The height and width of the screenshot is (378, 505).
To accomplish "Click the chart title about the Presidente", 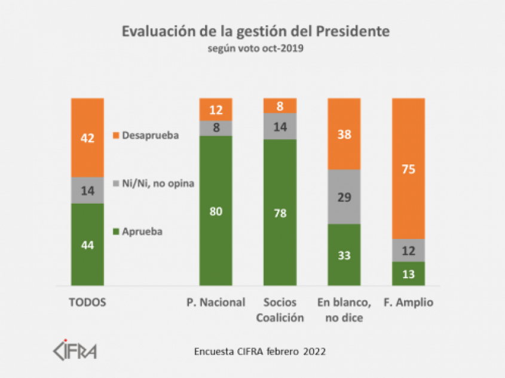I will pyautogui.click(x=255, y=32).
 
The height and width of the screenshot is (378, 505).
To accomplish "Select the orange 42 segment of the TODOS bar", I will pyautogui.click(x=87, y=138).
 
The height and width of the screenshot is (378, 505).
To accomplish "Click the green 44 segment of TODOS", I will pyautogui.click(x=87, y=244).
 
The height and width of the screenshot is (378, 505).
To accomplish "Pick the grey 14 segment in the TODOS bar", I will pyautogui.click(x=87, y=190).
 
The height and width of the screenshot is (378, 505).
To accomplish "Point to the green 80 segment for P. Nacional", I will pyautogui.click(x=216, y=210).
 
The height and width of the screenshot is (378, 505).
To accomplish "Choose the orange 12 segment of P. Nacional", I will pyautogui.click(x=216, y=109).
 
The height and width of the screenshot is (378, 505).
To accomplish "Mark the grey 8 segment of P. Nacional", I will pyautogui.click(x=216, y=128).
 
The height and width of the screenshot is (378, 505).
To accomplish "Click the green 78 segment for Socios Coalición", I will pyautogui.click(x=280, y=212).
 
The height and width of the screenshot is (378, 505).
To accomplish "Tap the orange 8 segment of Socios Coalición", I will pyautogui.click(x=280, y=106).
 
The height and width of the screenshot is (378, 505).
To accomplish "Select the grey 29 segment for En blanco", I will pyautogui.click(x=344, y=196).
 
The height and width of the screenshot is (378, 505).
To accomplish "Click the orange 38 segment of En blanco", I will pyautogui.click(x=344, y=134).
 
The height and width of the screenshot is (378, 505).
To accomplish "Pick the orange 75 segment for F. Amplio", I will pyautogui.click(x=408, y=168).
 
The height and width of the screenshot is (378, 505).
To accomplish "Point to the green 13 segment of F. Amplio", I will pyautogui.click(x=408, y=273).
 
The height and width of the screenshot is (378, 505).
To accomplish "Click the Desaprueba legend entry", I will pyautogui.click(x=146, y=136).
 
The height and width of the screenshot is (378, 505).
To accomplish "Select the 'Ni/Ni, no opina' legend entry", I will pyautogui.click(x=154, y=182).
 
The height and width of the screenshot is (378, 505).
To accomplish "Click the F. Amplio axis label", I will pyautogui.click(x=408, y=303).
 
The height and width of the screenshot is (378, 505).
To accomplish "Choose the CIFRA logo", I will pyautogui.click(x=75, y=350).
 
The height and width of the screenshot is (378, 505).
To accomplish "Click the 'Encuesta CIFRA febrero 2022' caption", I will pyautogui.click(x=260, y=351).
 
